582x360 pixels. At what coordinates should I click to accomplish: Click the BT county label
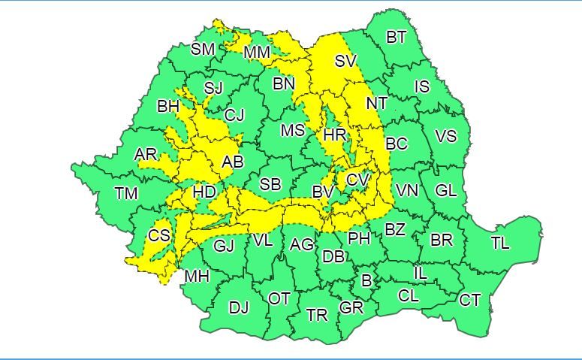396,38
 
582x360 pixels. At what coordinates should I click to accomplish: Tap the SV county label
345,62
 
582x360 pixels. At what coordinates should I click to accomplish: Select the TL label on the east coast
500,244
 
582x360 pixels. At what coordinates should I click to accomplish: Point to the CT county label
470,301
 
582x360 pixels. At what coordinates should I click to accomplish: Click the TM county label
126,194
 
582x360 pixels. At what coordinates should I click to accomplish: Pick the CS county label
159,235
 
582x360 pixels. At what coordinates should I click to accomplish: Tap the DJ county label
239,307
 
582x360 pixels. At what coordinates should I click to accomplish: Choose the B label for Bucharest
366,281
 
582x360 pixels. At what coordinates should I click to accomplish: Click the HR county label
333,136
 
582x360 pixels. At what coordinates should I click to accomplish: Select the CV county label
357,180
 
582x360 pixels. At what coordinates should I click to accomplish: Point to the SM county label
203,50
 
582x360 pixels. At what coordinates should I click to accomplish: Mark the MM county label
258,53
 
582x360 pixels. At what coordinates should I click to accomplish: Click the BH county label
167,107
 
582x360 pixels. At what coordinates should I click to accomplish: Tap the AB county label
233,162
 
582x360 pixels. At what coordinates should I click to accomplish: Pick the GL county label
446,191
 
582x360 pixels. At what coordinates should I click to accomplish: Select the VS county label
446,137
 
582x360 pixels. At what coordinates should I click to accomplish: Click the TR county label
317,315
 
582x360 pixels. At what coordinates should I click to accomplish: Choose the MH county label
197,277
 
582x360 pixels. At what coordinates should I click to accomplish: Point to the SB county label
270,185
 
